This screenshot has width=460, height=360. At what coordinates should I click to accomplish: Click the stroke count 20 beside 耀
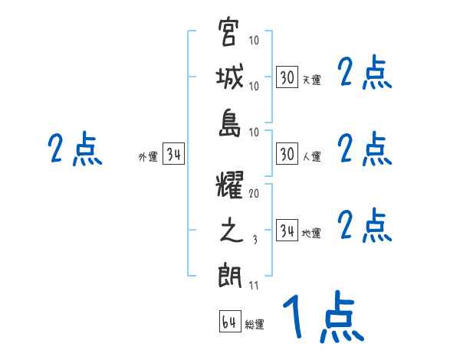[254, 194]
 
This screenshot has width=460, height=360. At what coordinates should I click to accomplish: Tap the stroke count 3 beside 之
[254, 240]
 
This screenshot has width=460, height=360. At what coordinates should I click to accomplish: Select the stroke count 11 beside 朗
[254, 286]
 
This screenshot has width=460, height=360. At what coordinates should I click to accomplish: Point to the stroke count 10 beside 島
[254, 132]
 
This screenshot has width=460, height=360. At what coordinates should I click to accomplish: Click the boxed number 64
[229, 322]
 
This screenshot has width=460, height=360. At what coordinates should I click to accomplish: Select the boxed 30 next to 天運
[287, 77]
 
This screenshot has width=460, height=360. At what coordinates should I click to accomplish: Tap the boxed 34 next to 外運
[173, 155]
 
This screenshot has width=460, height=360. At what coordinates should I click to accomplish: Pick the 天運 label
[311, 80]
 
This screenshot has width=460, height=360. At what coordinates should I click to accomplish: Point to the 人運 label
[311, 157]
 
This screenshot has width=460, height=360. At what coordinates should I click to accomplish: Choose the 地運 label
[311, 234]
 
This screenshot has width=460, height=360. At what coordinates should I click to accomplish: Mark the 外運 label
[147, 157]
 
